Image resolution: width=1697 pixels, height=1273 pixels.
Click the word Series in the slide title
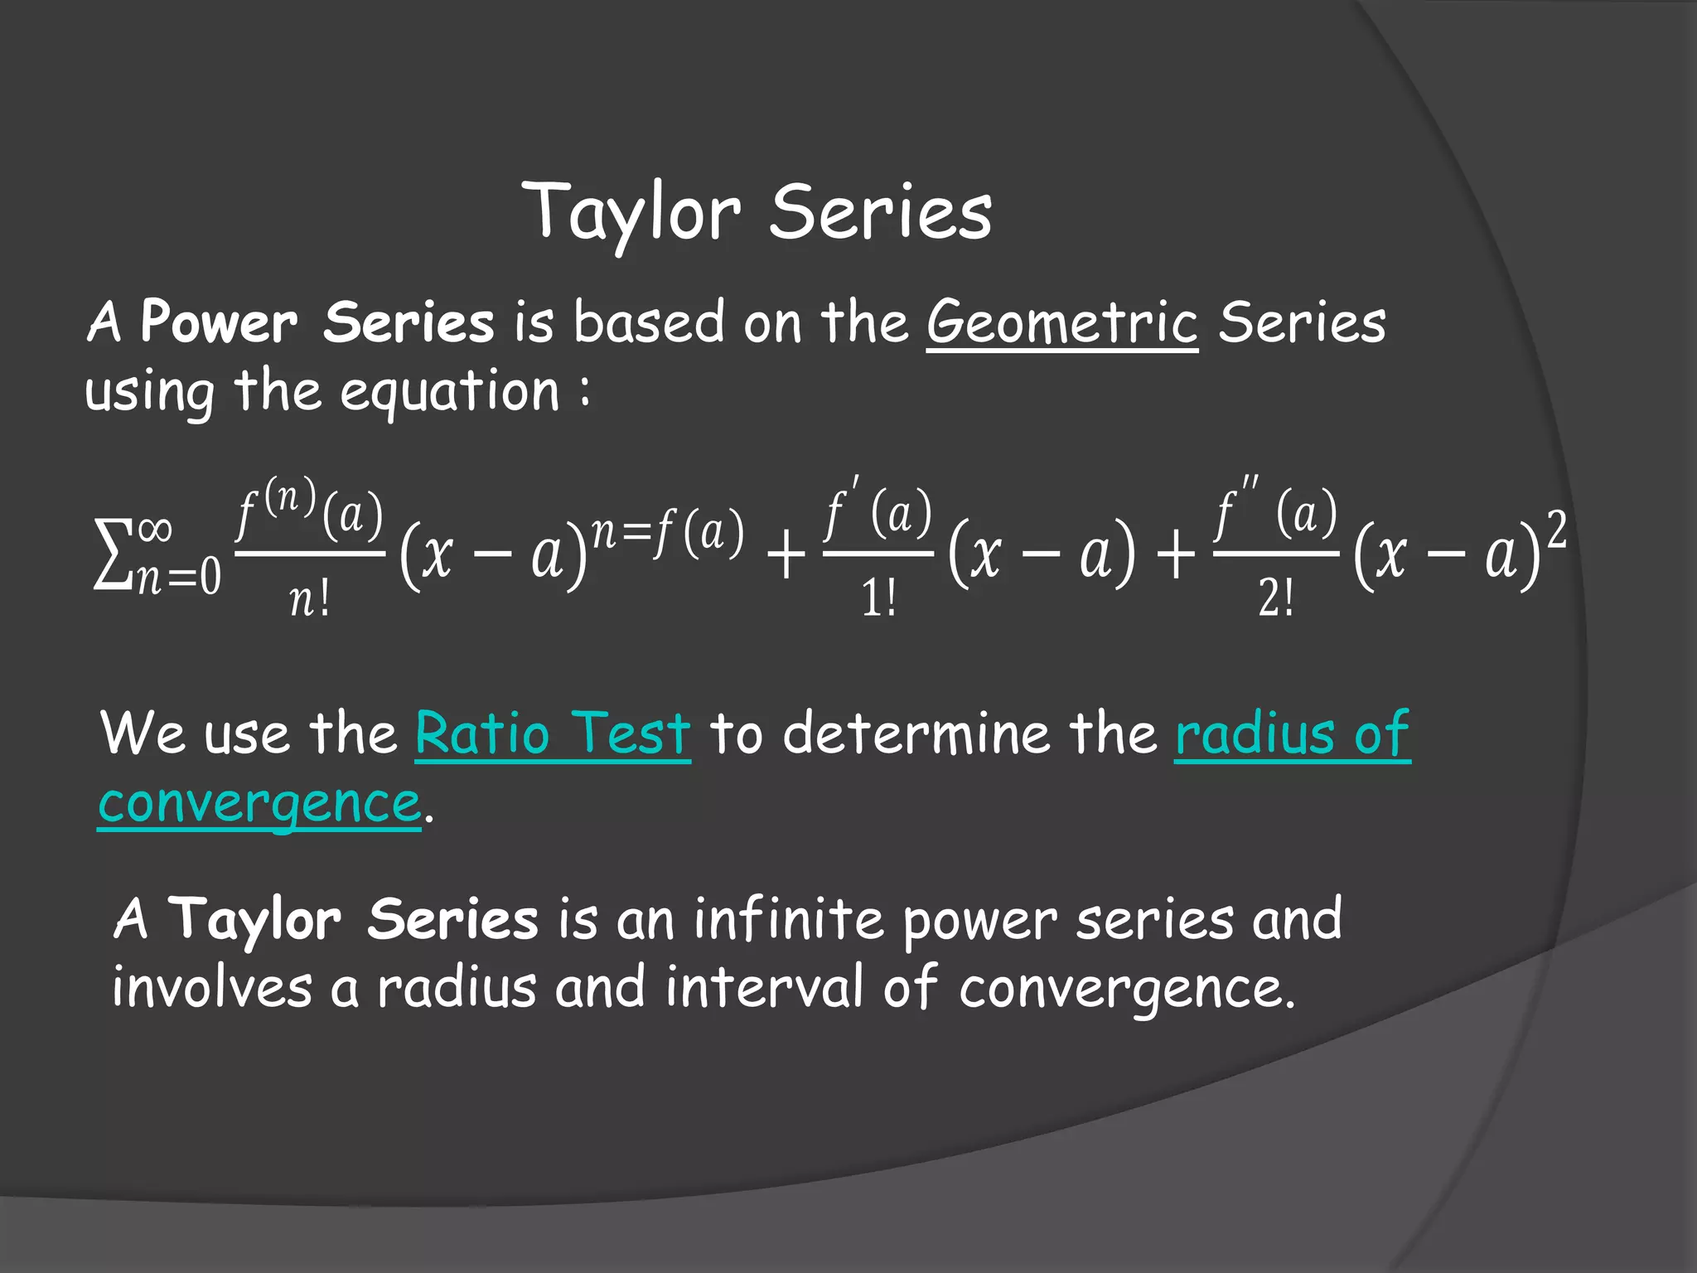pyautogui.click(x=881, y=212)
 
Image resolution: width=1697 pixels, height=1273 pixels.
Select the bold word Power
pyautogui.click(x=219, y=322)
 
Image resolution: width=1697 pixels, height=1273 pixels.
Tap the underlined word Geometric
pyautogui.click(x=1061, y=323)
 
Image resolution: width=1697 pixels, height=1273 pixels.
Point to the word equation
pyautogui.click(x=450, y=391)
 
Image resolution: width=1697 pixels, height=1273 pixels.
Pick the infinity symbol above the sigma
pyautogui.click(x=155, y=528)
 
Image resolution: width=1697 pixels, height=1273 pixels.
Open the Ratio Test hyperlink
pyautogui.click(x=553, y=733)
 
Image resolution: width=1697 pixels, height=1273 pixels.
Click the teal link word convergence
pyautogui.click(x=259, y=803)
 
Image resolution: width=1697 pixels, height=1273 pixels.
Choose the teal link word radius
pyautogui.click(x=1255, y=733)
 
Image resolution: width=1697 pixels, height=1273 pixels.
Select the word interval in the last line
pyautogui.click(x=764, y=988)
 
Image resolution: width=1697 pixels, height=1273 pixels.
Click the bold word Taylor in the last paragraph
pyautogui.click(x=254, y=921)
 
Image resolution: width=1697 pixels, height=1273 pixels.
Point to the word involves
pyautogui.click(x=212, y=988)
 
